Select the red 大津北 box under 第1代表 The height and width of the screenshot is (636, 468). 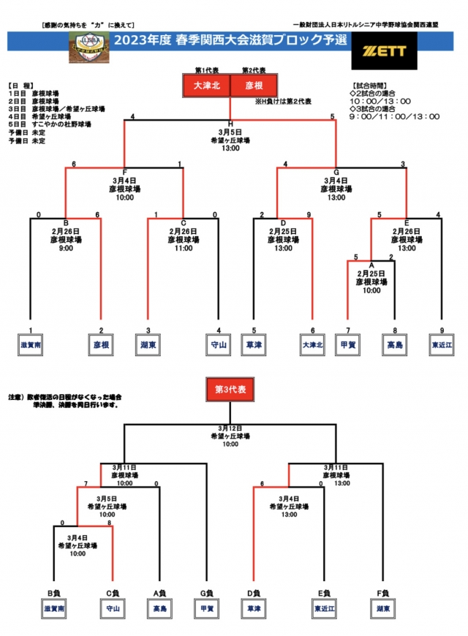(206, 86)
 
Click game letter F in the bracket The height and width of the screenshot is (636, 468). (125, 172)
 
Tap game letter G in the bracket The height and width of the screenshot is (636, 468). (336, 172)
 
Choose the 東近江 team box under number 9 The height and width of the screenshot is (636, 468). (441, 344)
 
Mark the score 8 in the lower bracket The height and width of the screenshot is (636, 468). (109, 522)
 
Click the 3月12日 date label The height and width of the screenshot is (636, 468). (230, 428)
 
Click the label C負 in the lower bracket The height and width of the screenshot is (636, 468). (112, 593)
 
